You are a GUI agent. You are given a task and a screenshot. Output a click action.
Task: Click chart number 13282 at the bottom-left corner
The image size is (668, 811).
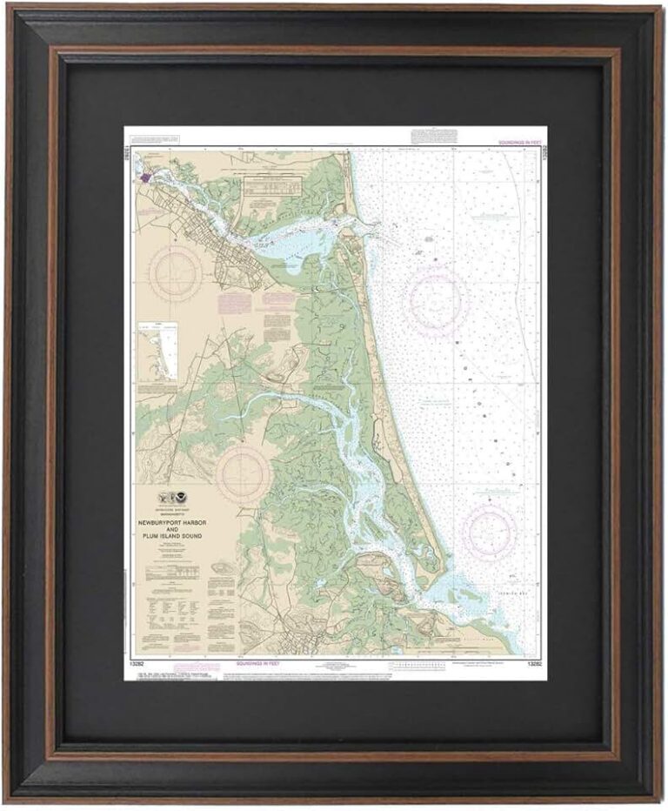(x=136, y=663)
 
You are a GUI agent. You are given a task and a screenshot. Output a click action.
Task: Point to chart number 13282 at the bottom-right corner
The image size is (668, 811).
(x=534, y=663)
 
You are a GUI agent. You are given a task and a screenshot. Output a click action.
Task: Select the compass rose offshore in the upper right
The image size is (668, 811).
(x=435, y=300)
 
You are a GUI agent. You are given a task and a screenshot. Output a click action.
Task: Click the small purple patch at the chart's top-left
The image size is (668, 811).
(x=143, y=177)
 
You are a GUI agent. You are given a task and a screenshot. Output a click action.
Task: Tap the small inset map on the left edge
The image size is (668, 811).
(x=157, y=352)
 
